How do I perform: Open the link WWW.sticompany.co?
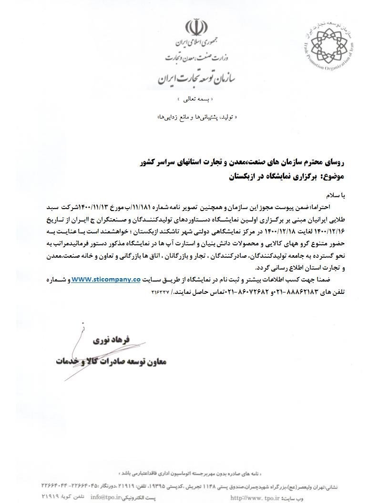[x=106, y=280]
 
